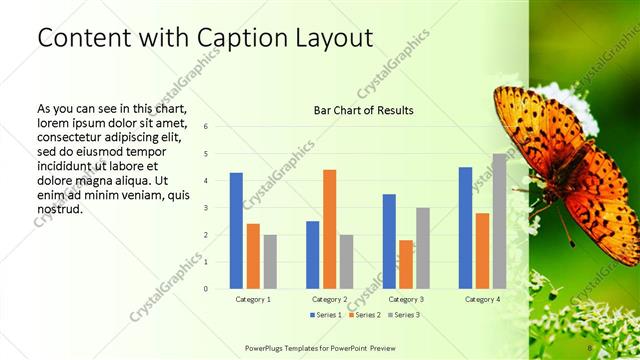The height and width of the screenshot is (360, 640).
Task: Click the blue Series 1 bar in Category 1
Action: (236, 231)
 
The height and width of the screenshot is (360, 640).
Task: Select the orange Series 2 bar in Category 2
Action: (330, 229)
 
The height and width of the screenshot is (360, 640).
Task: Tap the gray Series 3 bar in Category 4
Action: (499, 221)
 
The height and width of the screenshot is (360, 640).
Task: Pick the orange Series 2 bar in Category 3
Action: (406, 264)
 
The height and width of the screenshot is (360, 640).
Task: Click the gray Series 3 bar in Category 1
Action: (270, 262)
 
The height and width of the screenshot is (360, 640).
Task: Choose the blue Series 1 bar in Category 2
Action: (313, 255)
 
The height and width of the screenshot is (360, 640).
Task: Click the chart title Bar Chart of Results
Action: (364, 110)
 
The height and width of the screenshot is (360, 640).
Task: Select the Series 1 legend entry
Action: (325, 315)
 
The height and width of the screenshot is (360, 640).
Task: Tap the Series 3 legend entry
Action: (403, 315)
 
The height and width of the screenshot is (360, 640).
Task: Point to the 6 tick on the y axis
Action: (205, 127)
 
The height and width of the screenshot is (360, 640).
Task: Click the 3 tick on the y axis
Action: (205, 208)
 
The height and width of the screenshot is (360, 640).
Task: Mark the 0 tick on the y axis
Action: (205, 289)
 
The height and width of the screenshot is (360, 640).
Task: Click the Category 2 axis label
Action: (330, 300)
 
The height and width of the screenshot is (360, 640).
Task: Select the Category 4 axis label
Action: (482, 300)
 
